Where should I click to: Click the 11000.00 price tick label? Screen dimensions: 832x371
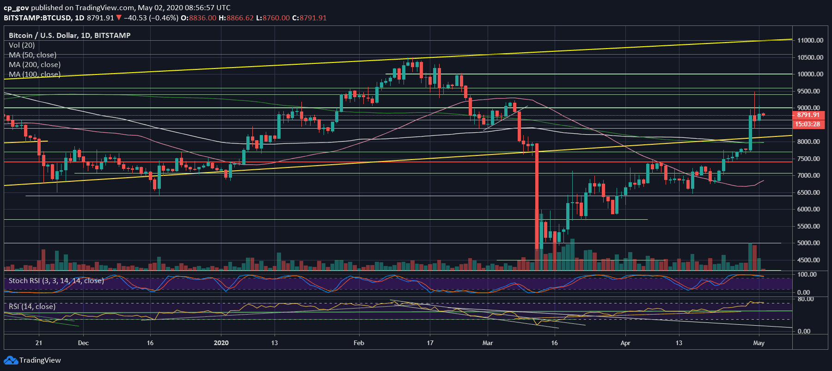pos(810,40)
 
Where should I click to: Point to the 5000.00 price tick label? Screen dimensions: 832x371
pos(810,243)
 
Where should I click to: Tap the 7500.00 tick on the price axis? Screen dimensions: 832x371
pos(810,159)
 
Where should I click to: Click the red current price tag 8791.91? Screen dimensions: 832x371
pos(808,115)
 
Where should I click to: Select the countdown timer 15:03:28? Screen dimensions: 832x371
pos(808,124)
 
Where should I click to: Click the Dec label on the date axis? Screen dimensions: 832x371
pos(83,343)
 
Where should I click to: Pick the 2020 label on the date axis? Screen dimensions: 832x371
pos(221,343)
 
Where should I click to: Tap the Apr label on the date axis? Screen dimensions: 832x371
pos(625,343)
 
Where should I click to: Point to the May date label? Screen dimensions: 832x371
pos(759,343)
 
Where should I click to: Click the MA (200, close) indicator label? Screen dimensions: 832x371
pos(35,65)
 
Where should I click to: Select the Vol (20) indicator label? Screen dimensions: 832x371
pos(22,45)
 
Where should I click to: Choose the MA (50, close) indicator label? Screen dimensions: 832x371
pos(33,55)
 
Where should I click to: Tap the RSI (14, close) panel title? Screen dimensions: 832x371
pos(32,307)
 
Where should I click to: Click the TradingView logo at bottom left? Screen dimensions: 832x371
pos(32,360)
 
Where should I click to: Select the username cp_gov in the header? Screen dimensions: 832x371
pos(16,8)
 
